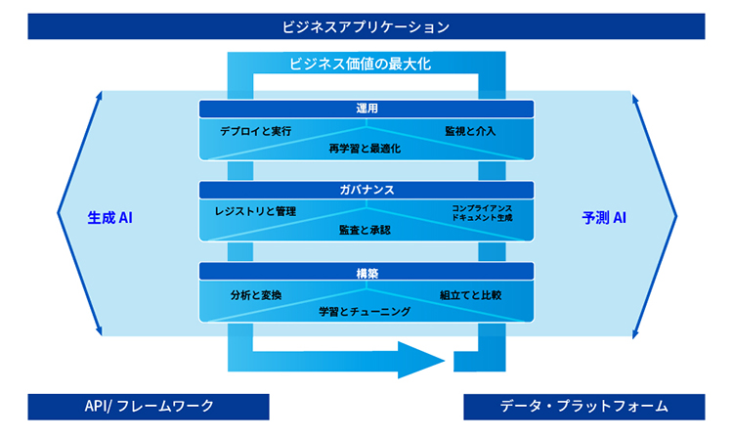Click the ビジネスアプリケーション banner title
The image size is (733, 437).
[366, 25]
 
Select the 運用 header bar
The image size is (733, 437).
[366, 109]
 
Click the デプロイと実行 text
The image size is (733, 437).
[256, 130]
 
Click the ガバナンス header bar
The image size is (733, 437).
[366, 190]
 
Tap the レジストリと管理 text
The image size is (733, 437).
[255, 211]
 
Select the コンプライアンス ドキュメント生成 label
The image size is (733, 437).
[482, 212]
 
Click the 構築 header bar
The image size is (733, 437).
[366, 272]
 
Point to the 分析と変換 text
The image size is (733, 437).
[256, 293]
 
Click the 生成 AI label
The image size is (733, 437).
[109, 217]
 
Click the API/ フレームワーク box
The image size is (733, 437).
[149, 406]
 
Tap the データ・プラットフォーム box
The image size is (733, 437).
[583, 406]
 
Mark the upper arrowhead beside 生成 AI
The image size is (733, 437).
[98, 97]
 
